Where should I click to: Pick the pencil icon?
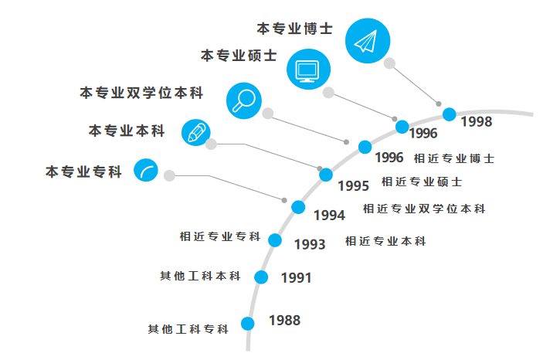coord(195,132)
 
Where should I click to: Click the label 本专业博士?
coord(294,28)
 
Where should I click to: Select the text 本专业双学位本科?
coord(141,93)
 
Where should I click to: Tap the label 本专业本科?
coord(127,131)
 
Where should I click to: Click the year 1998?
coord(476,121)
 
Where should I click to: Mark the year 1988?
coord(284,320)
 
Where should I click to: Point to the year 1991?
coord(296,277)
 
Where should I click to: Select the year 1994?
coord(329,215)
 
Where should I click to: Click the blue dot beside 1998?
coord(450,114)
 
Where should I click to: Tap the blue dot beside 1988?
coord(248,324)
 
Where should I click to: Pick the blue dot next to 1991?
coord(261,277)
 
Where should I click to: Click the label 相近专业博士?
coord(454,158)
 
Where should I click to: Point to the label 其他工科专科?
coord(188,329)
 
